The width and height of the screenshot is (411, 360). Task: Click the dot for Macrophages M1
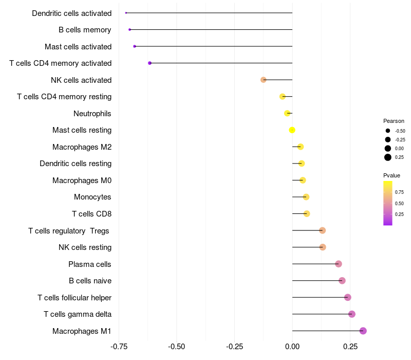tap(363, 331)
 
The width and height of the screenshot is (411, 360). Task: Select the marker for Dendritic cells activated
tap(126, 13)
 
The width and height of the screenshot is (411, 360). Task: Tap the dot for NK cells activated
tap(264, 80)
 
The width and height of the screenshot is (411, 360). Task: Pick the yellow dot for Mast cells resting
tap(292, 130)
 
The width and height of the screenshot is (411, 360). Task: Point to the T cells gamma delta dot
tap(352, 314)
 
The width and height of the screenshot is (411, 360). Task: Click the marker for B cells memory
tap(129, 29)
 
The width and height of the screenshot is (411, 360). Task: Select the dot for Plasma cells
tap(338, 264)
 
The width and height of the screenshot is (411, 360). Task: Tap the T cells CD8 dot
tap(307, 214)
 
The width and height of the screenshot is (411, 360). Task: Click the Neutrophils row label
tap(92, 113)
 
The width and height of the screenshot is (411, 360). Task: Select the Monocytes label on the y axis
tap(92, 197)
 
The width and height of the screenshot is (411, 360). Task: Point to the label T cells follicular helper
tap(74, 297)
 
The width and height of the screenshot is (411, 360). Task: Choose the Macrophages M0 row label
tap(82, 181)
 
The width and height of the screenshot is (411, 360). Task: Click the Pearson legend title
tap(394, 121)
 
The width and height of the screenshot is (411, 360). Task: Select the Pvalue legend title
tap(392, 176)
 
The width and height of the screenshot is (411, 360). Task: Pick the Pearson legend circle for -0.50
tap(388, 131)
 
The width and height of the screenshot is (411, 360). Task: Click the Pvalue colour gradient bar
tap(388, 203)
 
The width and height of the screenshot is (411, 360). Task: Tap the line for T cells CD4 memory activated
tap(221, 63)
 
